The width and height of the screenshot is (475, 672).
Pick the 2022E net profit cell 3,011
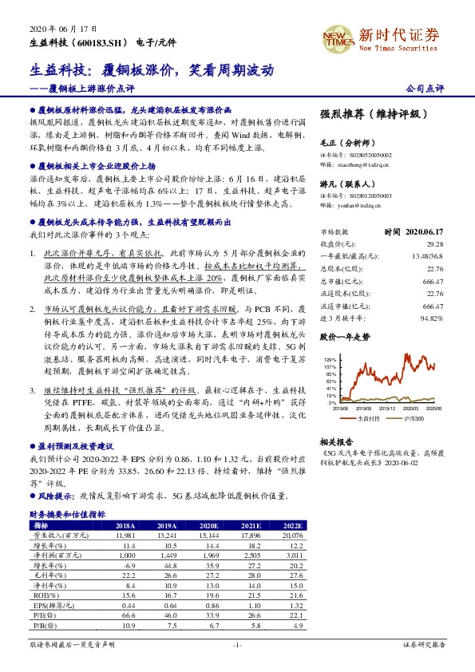293,555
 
